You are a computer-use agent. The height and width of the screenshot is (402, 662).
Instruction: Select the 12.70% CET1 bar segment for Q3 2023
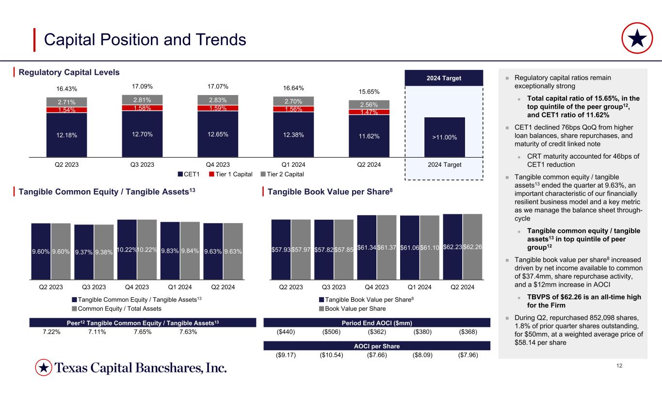click(x=142, y=134)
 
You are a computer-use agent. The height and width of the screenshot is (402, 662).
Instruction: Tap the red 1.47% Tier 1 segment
click(x=369, y=112)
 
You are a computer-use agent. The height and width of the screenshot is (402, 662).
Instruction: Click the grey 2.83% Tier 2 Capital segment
click(x=218, y=100)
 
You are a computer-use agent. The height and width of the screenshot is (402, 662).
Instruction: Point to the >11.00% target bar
click(x=444, y=137)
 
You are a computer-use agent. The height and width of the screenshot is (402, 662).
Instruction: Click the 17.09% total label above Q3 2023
click(x=142, y=86)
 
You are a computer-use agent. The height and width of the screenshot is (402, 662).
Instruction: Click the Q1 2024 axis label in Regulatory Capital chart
click(x=293, y=164)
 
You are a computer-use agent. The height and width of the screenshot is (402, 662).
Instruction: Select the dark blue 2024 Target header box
click(x=444, y=78)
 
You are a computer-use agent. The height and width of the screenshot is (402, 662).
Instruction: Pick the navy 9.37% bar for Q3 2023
click(x=84, y=252)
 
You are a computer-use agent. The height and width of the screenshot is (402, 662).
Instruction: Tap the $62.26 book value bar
click(x=472, y=247)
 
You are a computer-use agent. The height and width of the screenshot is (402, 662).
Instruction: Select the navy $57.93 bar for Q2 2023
click(x=281, y=250)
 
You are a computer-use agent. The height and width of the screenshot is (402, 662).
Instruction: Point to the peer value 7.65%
click(x=142, y=332)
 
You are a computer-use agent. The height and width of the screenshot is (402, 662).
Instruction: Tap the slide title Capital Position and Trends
click(x=145, y=39)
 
